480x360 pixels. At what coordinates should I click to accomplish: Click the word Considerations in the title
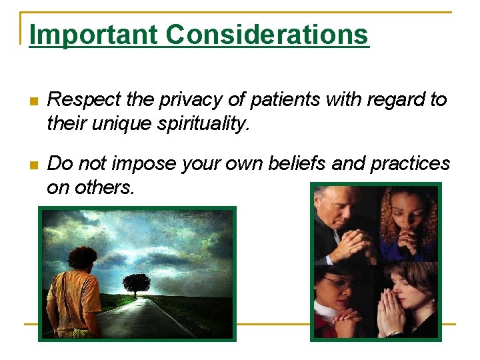click(267, 35)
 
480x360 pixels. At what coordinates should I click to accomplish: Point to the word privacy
click(191, 100)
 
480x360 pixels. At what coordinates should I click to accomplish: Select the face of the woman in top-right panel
click(407, 213)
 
